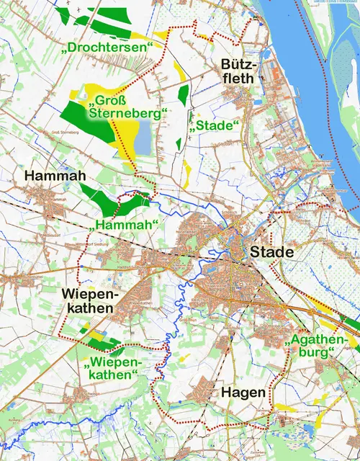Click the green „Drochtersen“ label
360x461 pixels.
coord(109,47)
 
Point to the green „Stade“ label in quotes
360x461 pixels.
coord(215,126)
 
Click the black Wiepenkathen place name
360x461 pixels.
coord(88,301)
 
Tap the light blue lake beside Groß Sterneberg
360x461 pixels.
coord(143,137)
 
